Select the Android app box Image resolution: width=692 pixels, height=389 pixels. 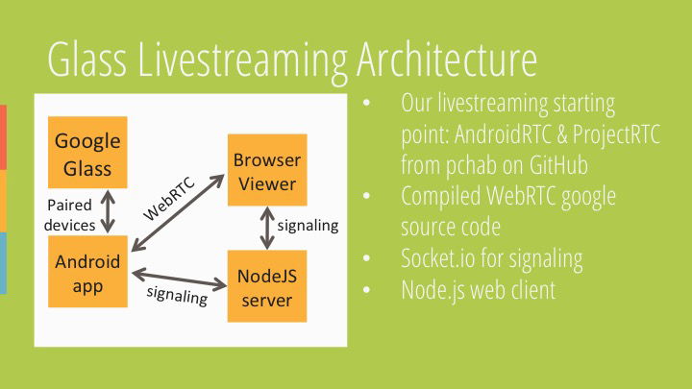pyautogui.click(x=87, y=273)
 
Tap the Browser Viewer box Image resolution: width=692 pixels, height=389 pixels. pyautogui.click(x=266, y=170)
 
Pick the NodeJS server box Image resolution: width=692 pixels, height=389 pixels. pyautogui.click(x=266, y=286)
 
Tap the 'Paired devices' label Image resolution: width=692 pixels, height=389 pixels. pyautogui.click(x=71, y=215)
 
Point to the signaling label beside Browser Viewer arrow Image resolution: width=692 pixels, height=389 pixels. pyautogui.click(x=308, y=227)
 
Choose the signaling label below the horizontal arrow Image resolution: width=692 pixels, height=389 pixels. pyautogui.click(x=177, y=296)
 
